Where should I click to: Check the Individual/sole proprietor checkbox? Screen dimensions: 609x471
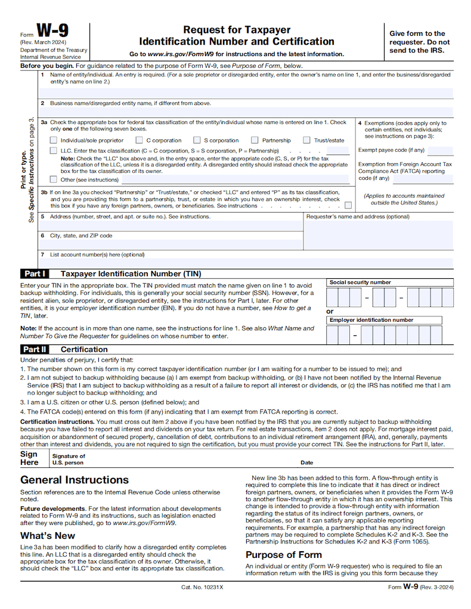pyautogui.click(x=54, y=141)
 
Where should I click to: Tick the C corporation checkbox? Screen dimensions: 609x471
pyautogui.click(x=140, y=141)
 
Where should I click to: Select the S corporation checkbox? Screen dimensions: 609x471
pyautogui.click(x=197, y=141)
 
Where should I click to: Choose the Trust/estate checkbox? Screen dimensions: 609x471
pyautogui.click(x=306, y=141)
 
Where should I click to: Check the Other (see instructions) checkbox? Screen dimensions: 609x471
pyautogui.click(x=54, y=179)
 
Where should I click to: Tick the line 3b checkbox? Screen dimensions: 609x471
pyautogui.click(x=348, y=205)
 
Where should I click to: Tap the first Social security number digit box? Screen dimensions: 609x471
pyautogui.click(x=332, y=297)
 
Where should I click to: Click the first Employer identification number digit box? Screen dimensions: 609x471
pyautogui.click(x=332, y=335)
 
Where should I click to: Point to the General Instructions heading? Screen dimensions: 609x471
pyautogui.click(x=75, y=480)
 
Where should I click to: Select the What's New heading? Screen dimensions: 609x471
pyautogui.click(x=48, y=535)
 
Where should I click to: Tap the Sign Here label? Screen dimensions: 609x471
pyautogui.click(x=30, y=458)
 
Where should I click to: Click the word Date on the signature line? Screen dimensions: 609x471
pyautogui.click(x=306, y=462)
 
